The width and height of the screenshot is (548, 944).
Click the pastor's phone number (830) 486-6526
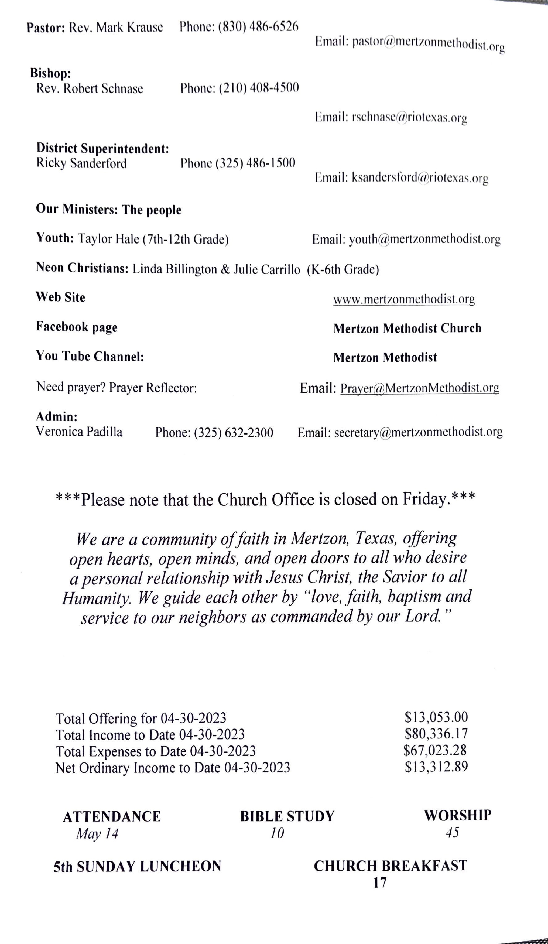(x=258, y=27)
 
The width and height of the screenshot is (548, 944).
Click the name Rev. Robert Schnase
(x=90, y=89)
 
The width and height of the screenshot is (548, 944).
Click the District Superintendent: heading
(x=103, y=148)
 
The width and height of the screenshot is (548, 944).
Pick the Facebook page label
(x=77, y=327)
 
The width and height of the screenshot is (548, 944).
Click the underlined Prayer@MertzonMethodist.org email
(x=420, y=388)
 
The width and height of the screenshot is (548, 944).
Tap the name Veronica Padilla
(x=79, y=432)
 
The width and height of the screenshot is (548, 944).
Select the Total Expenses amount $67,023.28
(x=435, y=750)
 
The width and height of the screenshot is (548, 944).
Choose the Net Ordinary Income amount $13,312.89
(x=436, y=767)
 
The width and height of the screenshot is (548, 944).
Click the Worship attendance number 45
(x=452, y=832)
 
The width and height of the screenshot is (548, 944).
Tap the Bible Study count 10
(x=277, y=833)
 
